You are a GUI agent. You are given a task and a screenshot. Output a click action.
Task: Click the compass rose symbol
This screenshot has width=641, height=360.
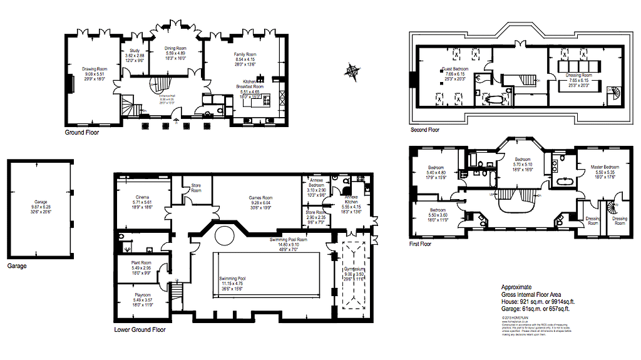click(352, 71)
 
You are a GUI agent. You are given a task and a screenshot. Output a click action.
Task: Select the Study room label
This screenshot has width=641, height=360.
click(135, 51)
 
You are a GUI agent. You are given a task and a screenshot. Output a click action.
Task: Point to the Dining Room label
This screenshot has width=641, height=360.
click(176, 48)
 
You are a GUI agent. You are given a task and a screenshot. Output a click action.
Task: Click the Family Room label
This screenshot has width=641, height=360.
click(245, 54)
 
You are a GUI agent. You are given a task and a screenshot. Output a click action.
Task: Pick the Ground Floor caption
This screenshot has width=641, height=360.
click(82, 133)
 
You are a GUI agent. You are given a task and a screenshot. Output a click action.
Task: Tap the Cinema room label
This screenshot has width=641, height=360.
click(142, 197)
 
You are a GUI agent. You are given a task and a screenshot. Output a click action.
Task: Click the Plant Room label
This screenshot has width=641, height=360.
click(142, 263)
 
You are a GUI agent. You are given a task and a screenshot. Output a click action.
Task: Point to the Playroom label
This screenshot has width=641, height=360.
click(142, 295)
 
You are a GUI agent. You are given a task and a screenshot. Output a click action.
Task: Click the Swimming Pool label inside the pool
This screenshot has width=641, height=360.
click(232, 278)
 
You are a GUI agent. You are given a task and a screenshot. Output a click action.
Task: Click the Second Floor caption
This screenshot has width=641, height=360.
click(425, 130)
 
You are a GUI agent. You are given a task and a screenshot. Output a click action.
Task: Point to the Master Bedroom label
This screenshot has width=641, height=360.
click(605, 167)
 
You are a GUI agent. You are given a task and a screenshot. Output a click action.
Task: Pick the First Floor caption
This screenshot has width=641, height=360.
click(421, 244)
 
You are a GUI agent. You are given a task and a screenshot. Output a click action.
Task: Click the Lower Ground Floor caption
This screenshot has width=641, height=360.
click(140, 329)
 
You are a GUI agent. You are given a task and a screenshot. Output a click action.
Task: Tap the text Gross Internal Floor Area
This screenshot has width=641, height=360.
click(531, 294)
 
